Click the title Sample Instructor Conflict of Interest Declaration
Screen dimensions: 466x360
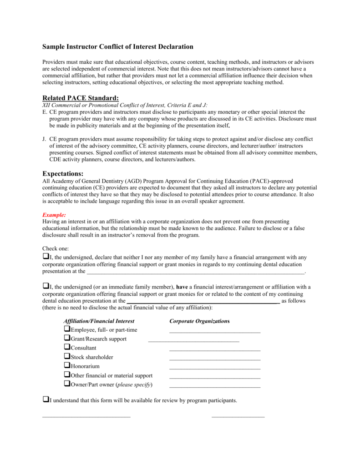(x=117, y=46)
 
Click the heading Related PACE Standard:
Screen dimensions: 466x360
(x=80, y=98)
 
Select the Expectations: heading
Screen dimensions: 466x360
(x=63, y=174)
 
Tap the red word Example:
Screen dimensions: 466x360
(x=54, y=214)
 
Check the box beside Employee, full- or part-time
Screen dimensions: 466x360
(x=67, y=329)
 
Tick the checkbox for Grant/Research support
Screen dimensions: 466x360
(x=67, y=338)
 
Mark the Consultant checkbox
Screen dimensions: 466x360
(x=67, y=347)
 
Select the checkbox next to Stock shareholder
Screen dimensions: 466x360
(x=67, y=356)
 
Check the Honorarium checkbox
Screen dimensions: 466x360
(x=67, y=365)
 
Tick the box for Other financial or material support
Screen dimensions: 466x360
(x=67, y=375)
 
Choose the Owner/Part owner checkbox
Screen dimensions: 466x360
(x=67, y=384)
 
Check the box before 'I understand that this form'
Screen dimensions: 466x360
(x=45, y=400)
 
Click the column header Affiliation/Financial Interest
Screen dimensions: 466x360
(x=99, y=321)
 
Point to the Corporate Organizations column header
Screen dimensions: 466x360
(x=199, y=321)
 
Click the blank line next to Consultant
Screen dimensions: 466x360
(x=215, y=350)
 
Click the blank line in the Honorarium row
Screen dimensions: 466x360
(x=215, y=368)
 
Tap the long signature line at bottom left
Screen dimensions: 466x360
(x=86, y=416)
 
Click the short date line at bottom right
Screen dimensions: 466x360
(x=238, y=416)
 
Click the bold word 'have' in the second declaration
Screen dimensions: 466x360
(x=182, y=287)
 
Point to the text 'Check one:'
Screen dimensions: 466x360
(x=56, y=248)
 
